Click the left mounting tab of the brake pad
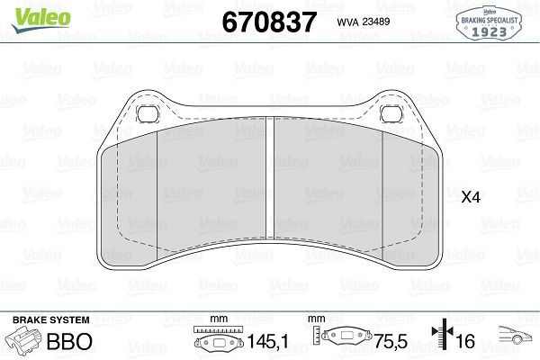(x=148, y=112)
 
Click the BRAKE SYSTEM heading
(x=49, y=319)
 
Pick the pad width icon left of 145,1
(x=216, y=342)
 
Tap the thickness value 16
(x=465, y=343)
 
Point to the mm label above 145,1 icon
(x=216, y=319)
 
